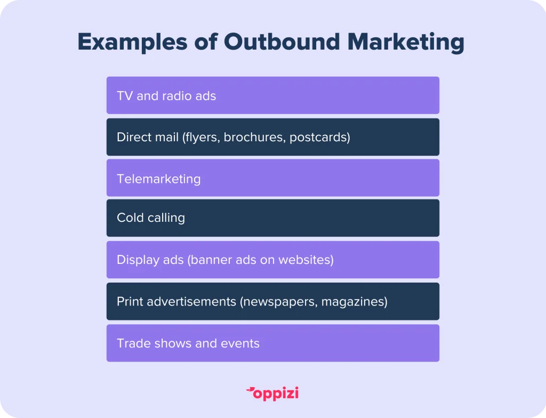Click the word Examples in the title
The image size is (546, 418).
(x=133, y=43)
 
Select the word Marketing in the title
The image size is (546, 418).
(x=406, y=43)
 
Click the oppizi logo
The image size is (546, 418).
(x=272, y=393)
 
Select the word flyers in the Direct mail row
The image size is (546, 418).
(x=201, y=137)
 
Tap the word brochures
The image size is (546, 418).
(x=254, y=137)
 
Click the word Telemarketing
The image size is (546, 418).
(x=159, y=179)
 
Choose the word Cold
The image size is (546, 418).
(x=130, y=218)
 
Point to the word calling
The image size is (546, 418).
(x=166, y=218)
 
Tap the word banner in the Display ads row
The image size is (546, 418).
(x=210, y=260)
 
